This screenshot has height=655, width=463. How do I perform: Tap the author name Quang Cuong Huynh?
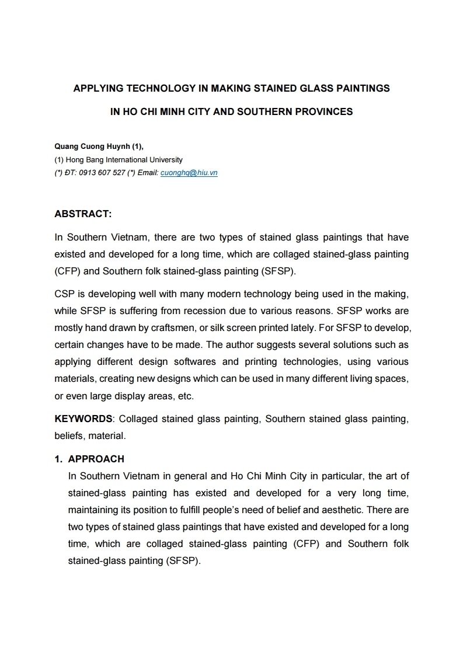click(x=89, y=147)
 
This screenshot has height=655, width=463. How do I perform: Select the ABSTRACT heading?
click(x=83, y=214)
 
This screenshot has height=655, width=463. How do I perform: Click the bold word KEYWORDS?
click(x=83, y=419)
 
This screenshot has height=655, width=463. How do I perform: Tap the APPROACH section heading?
click(x=96, y=459)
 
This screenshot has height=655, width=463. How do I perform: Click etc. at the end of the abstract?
click(x=186, y=396)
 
